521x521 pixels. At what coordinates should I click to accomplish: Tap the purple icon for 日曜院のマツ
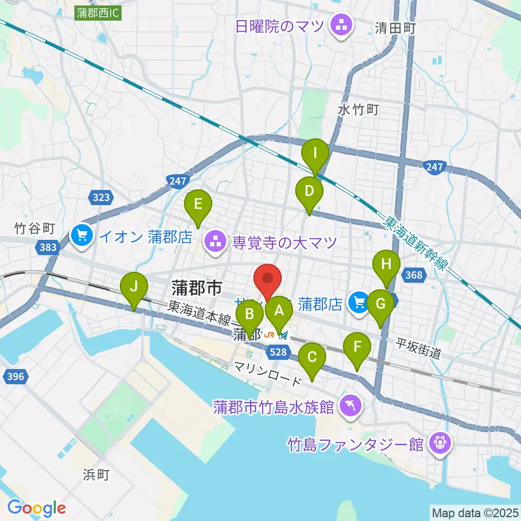pos(340,25)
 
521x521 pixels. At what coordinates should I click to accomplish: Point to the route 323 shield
pos(101,198)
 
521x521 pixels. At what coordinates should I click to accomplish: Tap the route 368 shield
pos(414,275)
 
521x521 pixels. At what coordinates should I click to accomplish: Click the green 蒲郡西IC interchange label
pos(98,13)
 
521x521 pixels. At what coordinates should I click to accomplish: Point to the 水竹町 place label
pos(358,109)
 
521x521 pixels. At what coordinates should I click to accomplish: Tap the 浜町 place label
pos(96,475)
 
